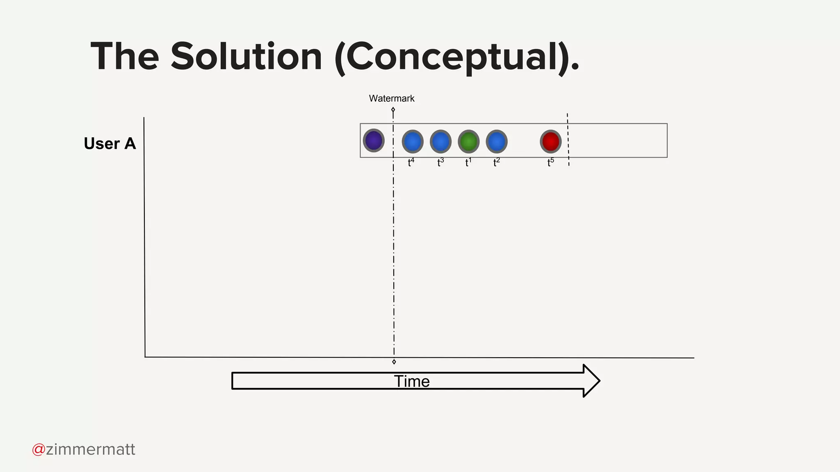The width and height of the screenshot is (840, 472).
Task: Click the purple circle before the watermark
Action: [374, 141]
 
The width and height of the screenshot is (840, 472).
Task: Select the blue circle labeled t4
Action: [413, 142]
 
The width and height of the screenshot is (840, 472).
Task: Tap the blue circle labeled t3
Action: [441, 142]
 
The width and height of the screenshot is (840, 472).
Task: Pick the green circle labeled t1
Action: [468, 142]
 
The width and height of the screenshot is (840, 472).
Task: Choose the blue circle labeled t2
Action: [497, 142]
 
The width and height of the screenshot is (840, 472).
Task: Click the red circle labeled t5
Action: [550, 142]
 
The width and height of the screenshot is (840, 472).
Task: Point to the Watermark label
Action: [392, 98]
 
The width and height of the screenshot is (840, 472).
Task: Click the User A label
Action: [110, 144]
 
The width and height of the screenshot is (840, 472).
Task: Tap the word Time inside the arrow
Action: [412, 381]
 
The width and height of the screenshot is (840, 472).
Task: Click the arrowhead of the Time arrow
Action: [591, 381]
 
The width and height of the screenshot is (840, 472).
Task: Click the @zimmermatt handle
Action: [84, 449]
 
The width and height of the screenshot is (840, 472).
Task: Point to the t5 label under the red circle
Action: [550, 163]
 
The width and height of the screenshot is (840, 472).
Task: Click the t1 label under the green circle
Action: [468, 163]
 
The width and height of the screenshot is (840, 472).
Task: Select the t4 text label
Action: [411, 163]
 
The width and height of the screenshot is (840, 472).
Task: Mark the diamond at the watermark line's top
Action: [393, 109]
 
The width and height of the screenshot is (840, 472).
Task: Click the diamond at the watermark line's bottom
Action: [394, 362]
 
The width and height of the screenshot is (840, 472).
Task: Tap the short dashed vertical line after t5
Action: [568, 139]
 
